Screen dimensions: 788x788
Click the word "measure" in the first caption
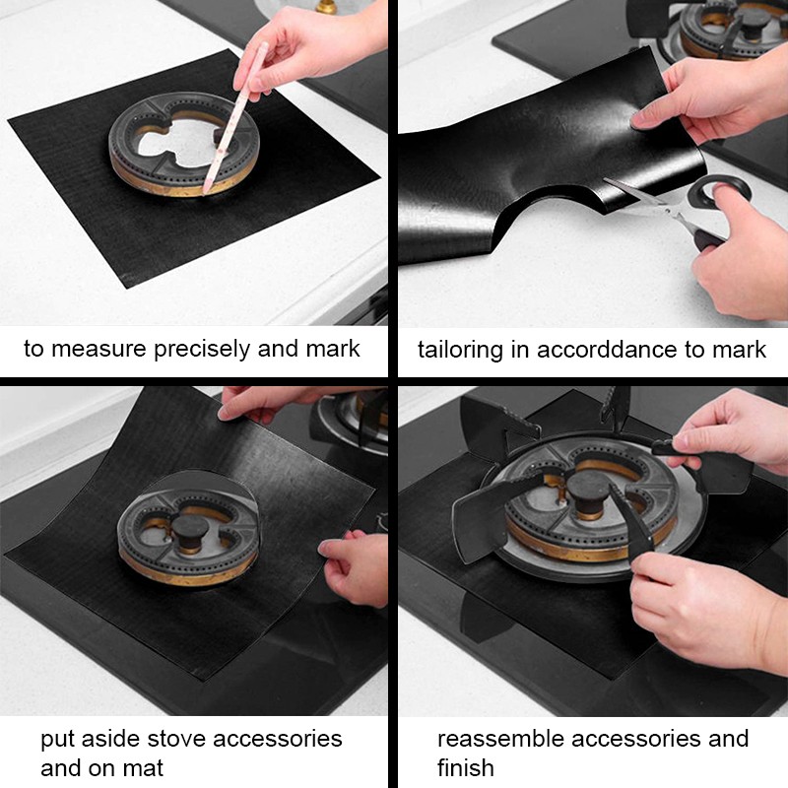(99, 349)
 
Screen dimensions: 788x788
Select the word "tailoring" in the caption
(460, 351)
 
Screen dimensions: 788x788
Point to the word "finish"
(465, 768)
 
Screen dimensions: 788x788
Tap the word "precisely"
(202, 350)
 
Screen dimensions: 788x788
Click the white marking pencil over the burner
(235, 118)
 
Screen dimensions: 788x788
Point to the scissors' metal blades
(643, 200)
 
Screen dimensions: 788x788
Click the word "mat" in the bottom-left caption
(141, 769)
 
